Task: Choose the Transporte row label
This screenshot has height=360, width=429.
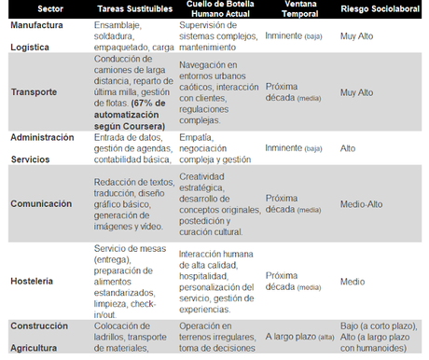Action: click(35, 92)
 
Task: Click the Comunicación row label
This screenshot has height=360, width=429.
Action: click(42, 203)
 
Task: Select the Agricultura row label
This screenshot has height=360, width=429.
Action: click(35, 348)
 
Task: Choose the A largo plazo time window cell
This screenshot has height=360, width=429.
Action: click(293, 336)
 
